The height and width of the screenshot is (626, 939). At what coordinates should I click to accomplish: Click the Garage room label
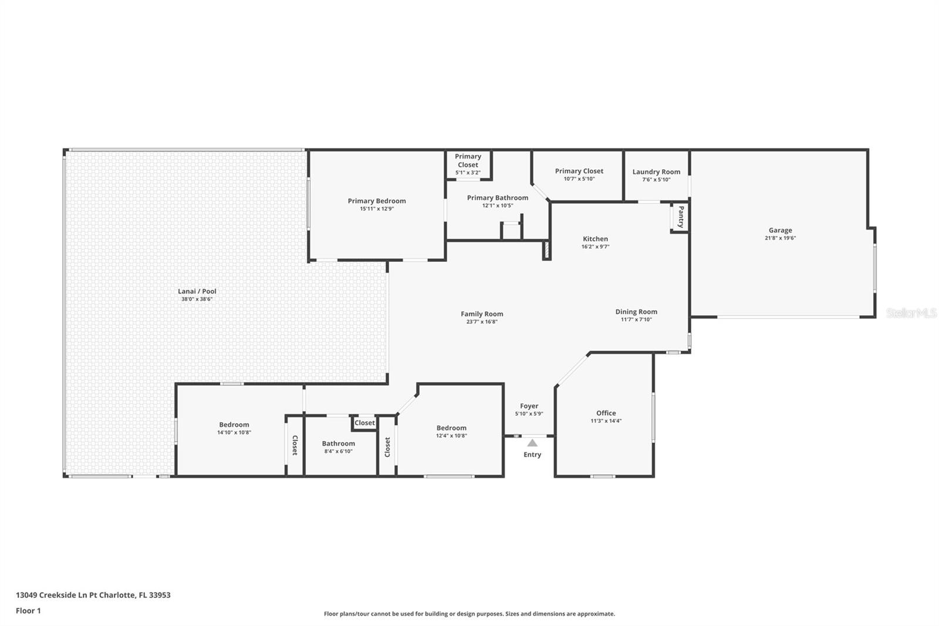click(x=780, y=230)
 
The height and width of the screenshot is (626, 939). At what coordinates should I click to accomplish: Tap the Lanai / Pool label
click(x=197, y=291)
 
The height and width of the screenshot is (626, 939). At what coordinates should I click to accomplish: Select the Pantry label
click(x=681, y=217)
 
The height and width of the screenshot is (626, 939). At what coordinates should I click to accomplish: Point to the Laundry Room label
click(x=656, y=171)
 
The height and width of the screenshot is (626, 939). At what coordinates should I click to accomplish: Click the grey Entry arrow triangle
click(x=532, y=443)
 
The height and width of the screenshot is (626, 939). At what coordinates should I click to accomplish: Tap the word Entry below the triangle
click(x=532, y=455)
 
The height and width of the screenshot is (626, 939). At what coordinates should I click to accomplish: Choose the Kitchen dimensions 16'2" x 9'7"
click(x=595, y=247)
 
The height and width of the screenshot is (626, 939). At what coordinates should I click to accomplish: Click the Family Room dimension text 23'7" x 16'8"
click(x=482, y=322)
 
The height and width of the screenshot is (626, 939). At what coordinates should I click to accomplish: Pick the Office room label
click(x=606, y=413)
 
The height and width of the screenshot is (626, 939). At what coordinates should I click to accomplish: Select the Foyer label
click(x=529, y=406)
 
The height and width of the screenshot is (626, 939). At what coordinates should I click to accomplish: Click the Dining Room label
click(x=636, y=312)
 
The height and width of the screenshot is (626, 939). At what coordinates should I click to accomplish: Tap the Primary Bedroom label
click(x=376, y=201)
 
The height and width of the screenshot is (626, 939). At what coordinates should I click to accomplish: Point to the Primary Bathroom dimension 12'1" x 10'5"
click(x=498, y=206)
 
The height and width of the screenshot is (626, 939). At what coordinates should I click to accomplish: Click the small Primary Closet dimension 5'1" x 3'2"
click(x=468, y=173)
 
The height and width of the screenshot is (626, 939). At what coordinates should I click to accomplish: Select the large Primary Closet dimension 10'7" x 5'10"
click(x=579, y=179)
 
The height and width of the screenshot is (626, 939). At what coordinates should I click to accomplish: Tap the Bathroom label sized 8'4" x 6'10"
click(x=338, y=443)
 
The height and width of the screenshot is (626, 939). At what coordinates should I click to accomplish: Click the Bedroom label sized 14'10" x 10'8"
click(x=234, y=425)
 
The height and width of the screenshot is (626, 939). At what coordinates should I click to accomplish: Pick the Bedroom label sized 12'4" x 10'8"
click(x=451, y=428)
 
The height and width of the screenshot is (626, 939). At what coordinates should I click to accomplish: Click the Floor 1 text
click(x=29, y=611)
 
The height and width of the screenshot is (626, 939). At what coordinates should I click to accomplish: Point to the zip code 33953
click(x=160, y=595)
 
